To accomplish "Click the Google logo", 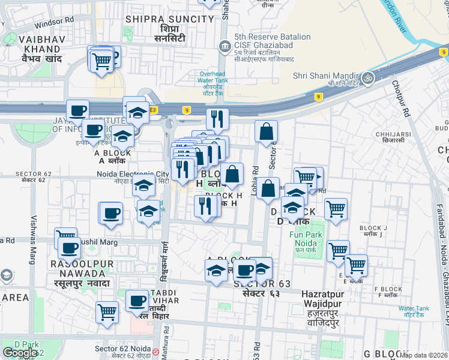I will (20, 352).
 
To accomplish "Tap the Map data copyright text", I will (424, 355).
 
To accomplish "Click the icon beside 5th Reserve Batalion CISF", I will (224, 46).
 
